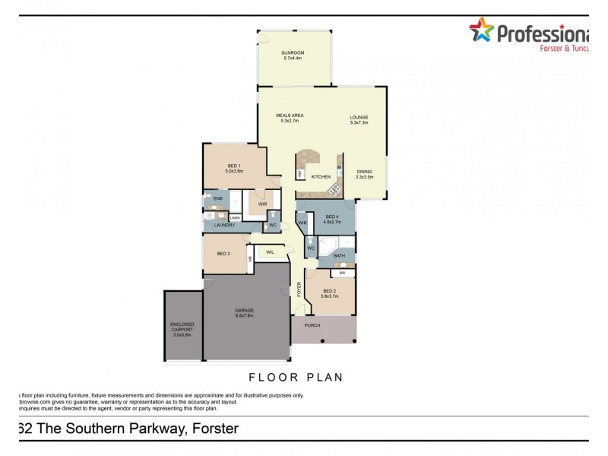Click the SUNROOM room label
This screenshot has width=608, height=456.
[x=293, y=52]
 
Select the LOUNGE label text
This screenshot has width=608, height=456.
[x=359, y=116]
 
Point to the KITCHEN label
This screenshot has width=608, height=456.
[x=321, y=176]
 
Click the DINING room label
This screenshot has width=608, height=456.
[x=365, y=171]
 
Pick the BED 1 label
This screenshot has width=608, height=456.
[x=234, y=166]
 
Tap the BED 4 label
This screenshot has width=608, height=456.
[x=331, y=217]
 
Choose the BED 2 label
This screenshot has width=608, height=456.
[x=329, y=291]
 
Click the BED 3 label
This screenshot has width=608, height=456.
[x=223, y=253]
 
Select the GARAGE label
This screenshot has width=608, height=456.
[x=244, y=310]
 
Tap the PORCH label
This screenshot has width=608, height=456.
[x=312, y=325]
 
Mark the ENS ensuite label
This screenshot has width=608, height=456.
[x=217, y=198]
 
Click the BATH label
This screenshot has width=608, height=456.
[x=339, y=256]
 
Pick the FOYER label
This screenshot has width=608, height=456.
[x=299, y=289]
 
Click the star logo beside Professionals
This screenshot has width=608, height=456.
[x=480, y=31]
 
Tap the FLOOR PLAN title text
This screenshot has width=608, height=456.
[x=296, y=376]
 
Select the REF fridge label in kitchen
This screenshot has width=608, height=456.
[x=300, y=174]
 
